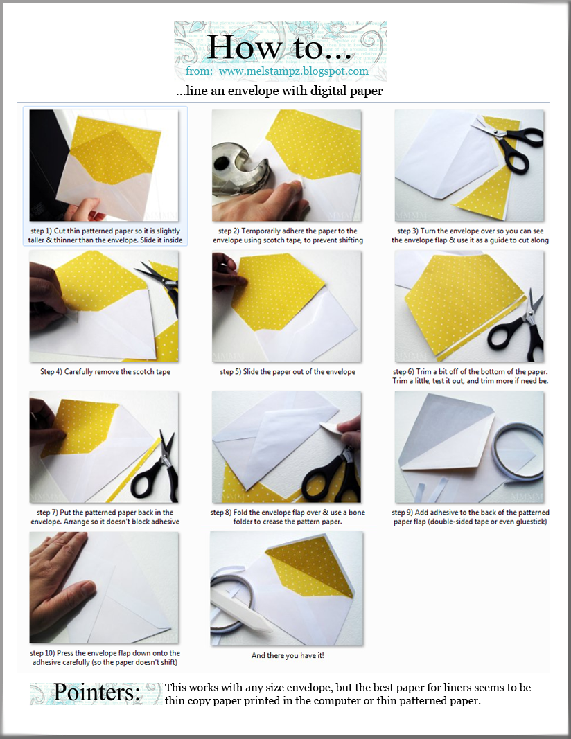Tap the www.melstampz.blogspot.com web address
(x=293, y=71)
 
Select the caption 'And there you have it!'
(x=288, y=655)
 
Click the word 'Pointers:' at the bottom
(x=96, y=692)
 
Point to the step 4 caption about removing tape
(x=105, y=371)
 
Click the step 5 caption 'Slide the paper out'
(x=288, y=371)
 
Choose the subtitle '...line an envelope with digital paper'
(x=279, y=91)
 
